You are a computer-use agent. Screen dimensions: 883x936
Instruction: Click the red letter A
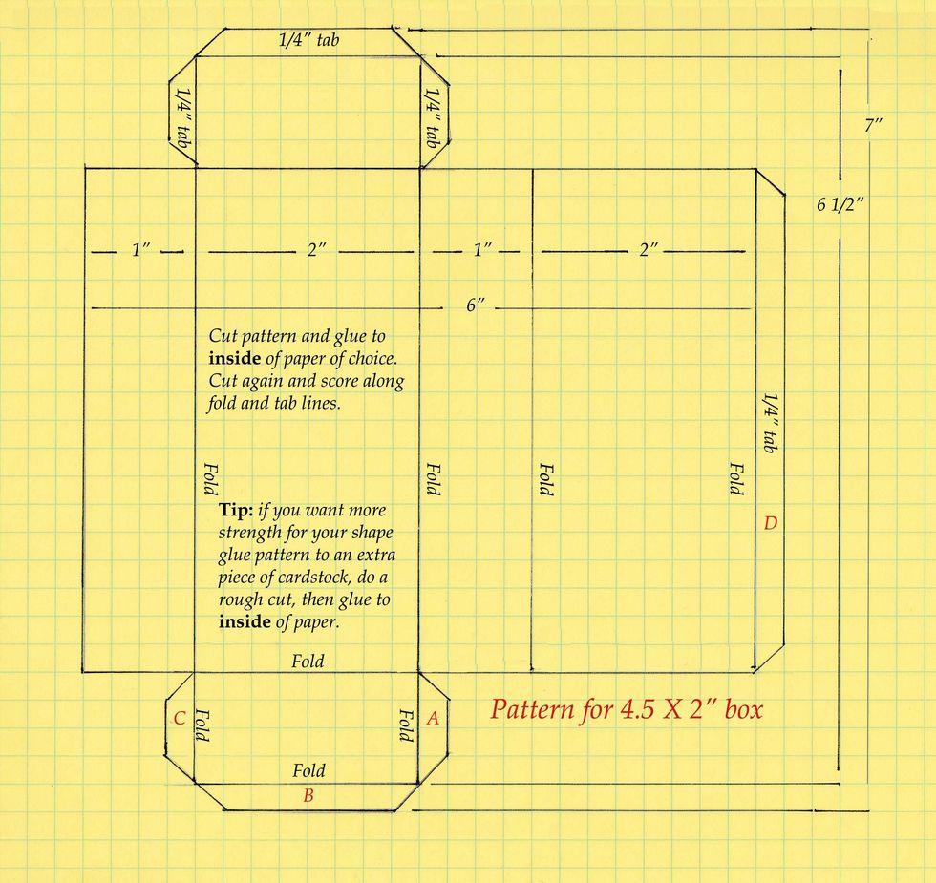432,719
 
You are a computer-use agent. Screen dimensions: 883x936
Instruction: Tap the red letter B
308,795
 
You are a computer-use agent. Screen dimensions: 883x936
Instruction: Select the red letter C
179,719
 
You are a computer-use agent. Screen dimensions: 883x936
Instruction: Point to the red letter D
770,523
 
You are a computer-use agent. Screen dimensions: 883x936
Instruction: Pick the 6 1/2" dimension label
840,203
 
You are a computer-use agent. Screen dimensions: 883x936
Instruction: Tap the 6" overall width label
475,306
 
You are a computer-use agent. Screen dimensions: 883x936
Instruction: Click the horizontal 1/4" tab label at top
308,40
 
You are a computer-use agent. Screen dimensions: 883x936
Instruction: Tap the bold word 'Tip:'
236,510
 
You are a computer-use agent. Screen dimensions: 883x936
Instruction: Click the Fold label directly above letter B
308,770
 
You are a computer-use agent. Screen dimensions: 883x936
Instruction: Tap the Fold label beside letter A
406,725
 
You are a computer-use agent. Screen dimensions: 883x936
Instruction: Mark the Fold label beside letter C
202,725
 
